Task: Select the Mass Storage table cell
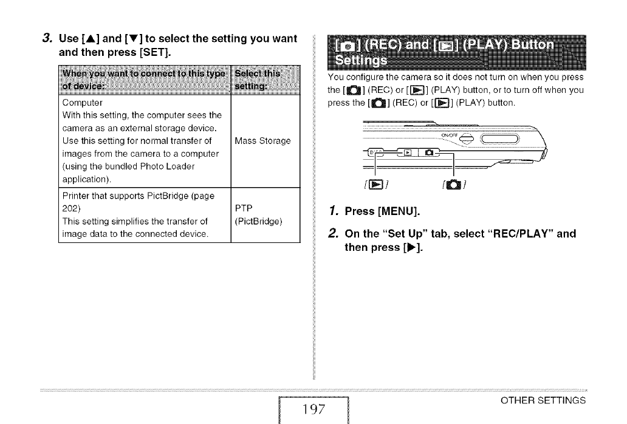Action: [x=262, y=141]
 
